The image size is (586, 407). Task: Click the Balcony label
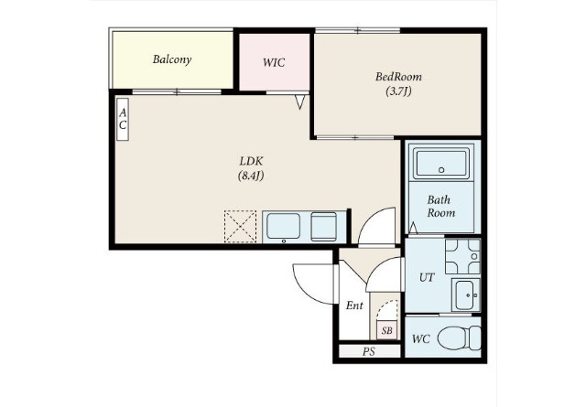[172, 59]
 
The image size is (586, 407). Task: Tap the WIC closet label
[274, 62]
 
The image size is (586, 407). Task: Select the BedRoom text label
[398, 77]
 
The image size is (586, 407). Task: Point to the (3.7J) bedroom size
[398, 91]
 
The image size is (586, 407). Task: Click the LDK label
[251, 161]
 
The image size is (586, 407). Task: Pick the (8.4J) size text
[251, 176]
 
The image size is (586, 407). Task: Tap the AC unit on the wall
[123, 119]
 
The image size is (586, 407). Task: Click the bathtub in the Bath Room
[441, 163]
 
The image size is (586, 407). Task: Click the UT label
[427, 278]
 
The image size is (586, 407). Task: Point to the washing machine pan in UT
[462, 256]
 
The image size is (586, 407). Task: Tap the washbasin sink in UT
[466, 295]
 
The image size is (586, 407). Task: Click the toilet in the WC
[459, 338]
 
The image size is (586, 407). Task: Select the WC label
[421, 339]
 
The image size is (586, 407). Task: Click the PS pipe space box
[370, 351]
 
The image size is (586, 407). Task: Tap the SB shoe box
[386, 330]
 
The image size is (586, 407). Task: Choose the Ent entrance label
[354, 305]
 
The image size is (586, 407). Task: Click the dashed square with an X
[240, 227]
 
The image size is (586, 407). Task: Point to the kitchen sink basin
[284, 227]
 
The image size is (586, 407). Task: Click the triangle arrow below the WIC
[299, 102]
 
